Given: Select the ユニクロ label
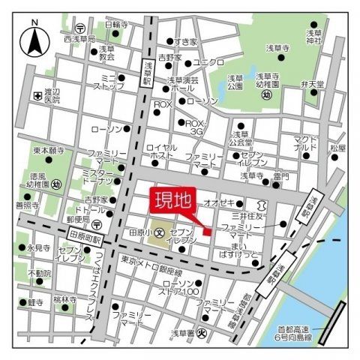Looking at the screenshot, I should (208, 62).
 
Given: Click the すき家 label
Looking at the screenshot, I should (185, 42).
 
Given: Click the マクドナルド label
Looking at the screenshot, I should (306, 142).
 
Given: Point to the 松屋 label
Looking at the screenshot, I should (337, 148).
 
